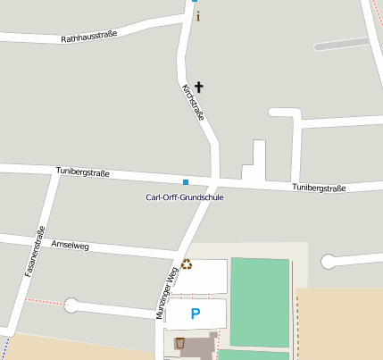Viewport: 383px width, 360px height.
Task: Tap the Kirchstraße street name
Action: [x=194, y=103]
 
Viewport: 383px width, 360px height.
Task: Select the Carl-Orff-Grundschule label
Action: [x=185, y=197]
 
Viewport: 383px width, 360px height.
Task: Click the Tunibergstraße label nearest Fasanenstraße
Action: [x=82, y=172]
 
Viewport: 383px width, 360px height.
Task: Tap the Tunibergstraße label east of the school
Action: [x=319, y=188]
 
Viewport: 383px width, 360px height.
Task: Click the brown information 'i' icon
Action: [x=198, y=16]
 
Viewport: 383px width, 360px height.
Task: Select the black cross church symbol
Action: [x=198, y=87]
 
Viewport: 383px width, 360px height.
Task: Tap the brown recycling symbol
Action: [x=187, y=264]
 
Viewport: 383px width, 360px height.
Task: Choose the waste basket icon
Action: [x=180, y=342]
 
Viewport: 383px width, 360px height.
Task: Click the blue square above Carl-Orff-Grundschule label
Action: [x=186, y=182]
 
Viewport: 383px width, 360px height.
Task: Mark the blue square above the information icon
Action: [x=195, y=2]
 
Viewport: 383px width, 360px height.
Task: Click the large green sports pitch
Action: [x=260, y=302]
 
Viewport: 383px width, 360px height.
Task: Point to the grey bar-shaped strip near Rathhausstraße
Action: [x=342, y=43]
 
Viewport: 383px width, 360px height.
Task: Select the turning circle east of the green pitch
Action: [x=329, y=261]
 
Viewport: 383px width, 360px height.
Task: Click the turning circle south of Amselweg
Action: [x=71, y=306]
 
